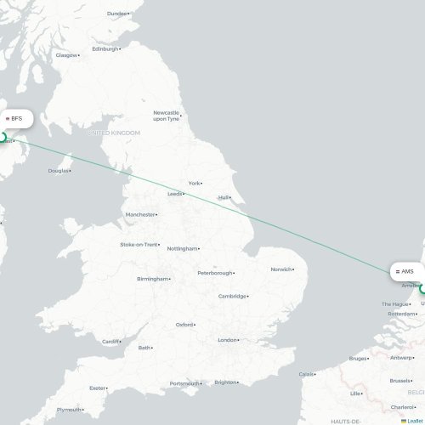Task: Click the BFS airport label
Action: point(19,118)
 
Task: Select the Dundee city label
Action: point(116,14)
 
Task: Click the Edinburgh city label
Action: point(105,48)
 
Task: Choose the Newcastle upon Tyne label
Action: point(166,116)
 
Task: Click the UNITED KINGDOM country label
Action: point(113,133)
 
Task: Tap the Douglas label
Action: point(58,171)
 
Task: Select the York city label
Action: point(195,183)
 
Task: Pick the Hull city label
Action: point(224,197)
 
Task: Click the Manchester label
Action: point(139,214)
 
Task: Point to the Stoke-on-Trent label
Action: point(139,245)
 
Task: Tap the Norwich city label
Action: point(280,269)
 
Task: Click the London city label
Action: point(227,340)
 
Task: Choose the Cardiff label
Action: point(111,343)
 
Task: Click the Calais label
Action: point(306,373)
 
